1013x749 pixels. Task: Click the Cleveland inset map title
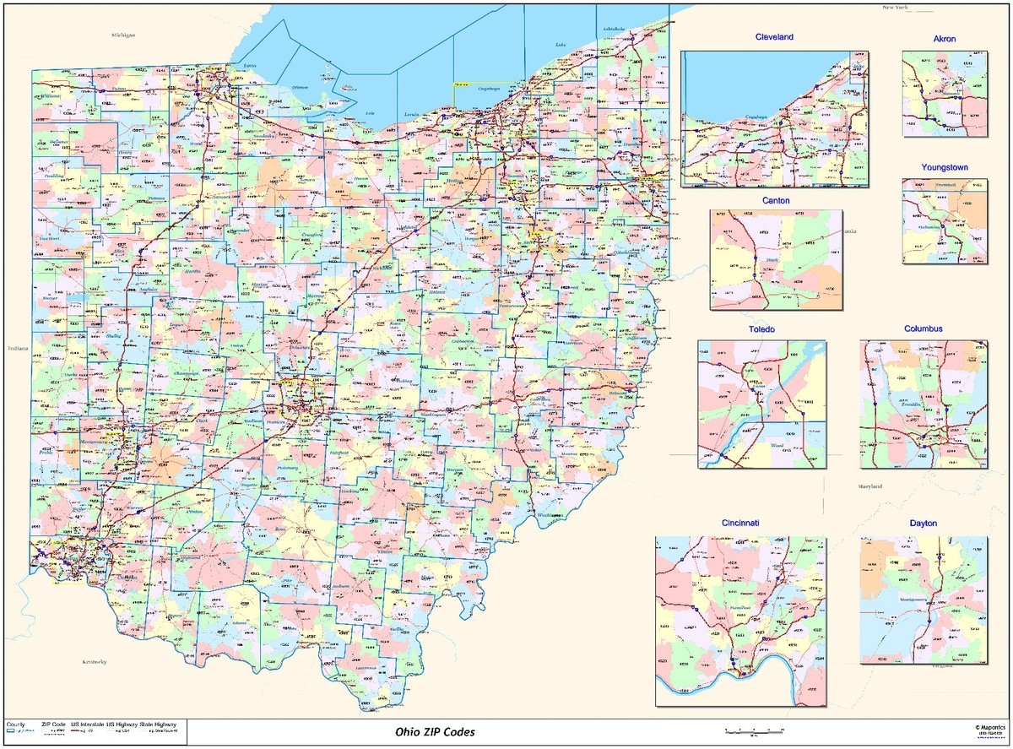click(774, 38)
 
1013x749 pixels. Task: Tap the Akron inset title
click(945, 39)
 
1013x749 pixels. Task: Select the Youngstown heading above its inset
click(944, 167)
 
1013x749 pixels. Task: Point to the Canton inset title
click(776, 200)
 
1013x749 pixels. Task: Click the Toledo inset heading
click(761, 328)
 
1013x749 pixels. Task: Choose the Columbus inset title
click(924, 328)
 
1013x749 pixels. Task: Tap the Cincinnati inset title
click(739, 524)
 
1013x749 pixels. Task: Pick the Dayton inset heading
click(924, 524)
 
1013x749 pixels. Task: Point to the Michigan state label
click(122, 35)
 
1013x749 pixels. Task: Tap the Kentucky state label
click(94, 663)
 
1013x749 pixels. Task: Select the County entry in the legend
click(15, 725)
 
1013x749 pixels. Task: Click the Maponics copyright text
click(989, 725)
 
